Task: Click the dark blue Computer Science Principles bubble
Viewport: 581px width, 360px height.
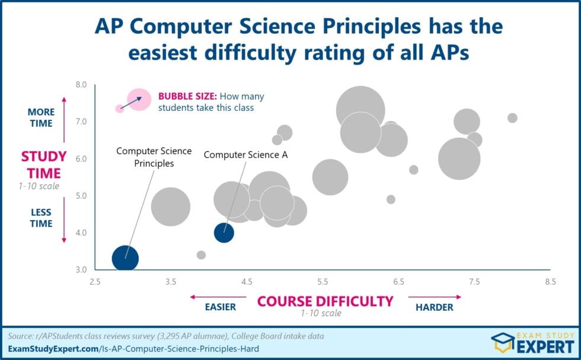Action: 125,259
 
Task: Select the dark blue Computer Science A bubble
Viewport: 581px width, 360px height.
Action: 224,232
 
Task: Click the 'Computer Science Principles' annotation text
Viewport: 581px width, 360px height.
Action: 154,157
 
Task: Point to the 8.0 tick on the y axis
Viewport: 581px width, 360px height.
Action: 80,85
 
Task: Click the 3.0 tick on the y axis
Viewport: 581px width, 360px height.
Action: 80,270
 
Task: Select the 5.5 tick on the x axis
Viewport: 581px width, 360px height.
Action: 323,282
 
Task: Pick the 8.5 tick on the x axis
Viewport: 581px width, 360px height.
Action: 550,282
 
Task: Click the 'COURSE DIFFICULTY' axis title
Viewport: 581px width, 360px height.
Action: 325,301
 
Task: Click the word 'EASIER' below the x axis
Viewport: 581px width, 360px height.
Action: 220,307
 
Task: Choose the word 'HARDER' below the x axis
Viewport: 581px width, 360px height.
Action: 434,307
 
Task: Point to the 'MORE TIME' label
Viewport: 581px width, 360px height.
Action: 41,117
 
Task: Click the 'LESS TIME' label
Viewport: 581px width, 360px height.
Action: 41,218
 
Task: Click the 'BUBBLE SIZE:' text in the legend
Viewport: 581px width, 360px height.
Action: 187,96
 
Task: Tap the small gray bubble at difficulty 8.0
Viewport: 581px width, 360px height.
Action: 512,118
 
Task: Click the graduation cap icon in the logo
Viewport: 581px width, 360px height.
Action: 502,342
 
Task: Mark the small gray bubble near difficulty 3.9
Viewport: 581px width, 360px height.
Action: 201,255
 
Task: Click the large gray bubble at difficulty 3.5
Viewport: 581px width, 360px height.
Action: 171,206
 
